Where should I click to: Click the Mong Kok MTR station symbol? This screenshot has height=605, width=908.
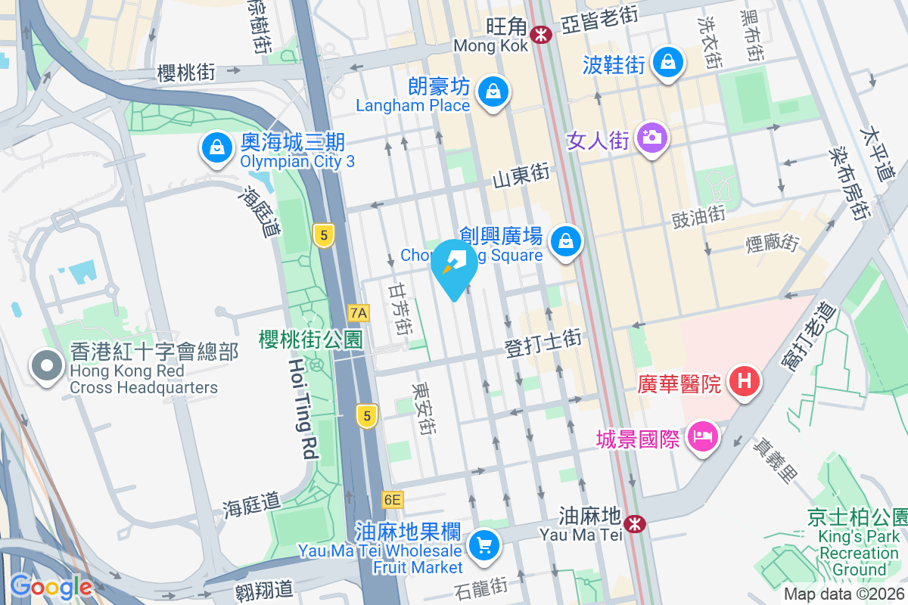[x=540, y=33]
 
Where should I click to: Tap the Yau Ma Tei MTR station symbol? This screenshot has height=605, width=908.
[x=634, y=523]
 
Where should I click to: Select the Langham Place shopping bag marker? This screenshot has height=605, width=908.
[x=493, y=92]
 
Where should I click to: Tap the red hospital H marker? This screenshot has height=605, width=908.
[x=745, y=381]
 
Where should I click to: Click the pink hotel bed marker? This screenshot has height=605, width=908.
[x=703, y=437]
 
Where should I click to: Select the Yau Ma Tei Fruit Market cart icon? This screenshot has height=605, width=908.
[x=484, y=545]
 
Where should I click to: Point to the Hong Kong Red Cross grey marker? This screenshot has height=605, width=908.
[x=47, y=367]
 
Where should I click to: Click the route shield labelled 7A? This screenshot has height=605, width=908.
[x=359, y=312]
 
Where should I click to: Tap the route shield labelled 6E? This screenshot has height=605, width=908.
[x=393, y=499]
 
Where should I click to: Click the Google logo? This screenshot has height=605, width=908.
[x=51, y=587]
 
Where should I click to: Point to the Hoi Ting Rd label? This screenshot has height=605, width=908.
[x=303, y=408]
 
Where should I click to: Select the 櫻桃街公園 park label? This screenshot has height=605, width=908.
[x=311, y=338]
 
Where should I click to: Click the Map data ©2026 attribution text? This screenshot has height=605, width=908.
[x=844, y=594]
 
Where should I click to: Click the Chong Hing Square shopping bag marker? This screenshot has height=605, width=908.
[x=565, y=242]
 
